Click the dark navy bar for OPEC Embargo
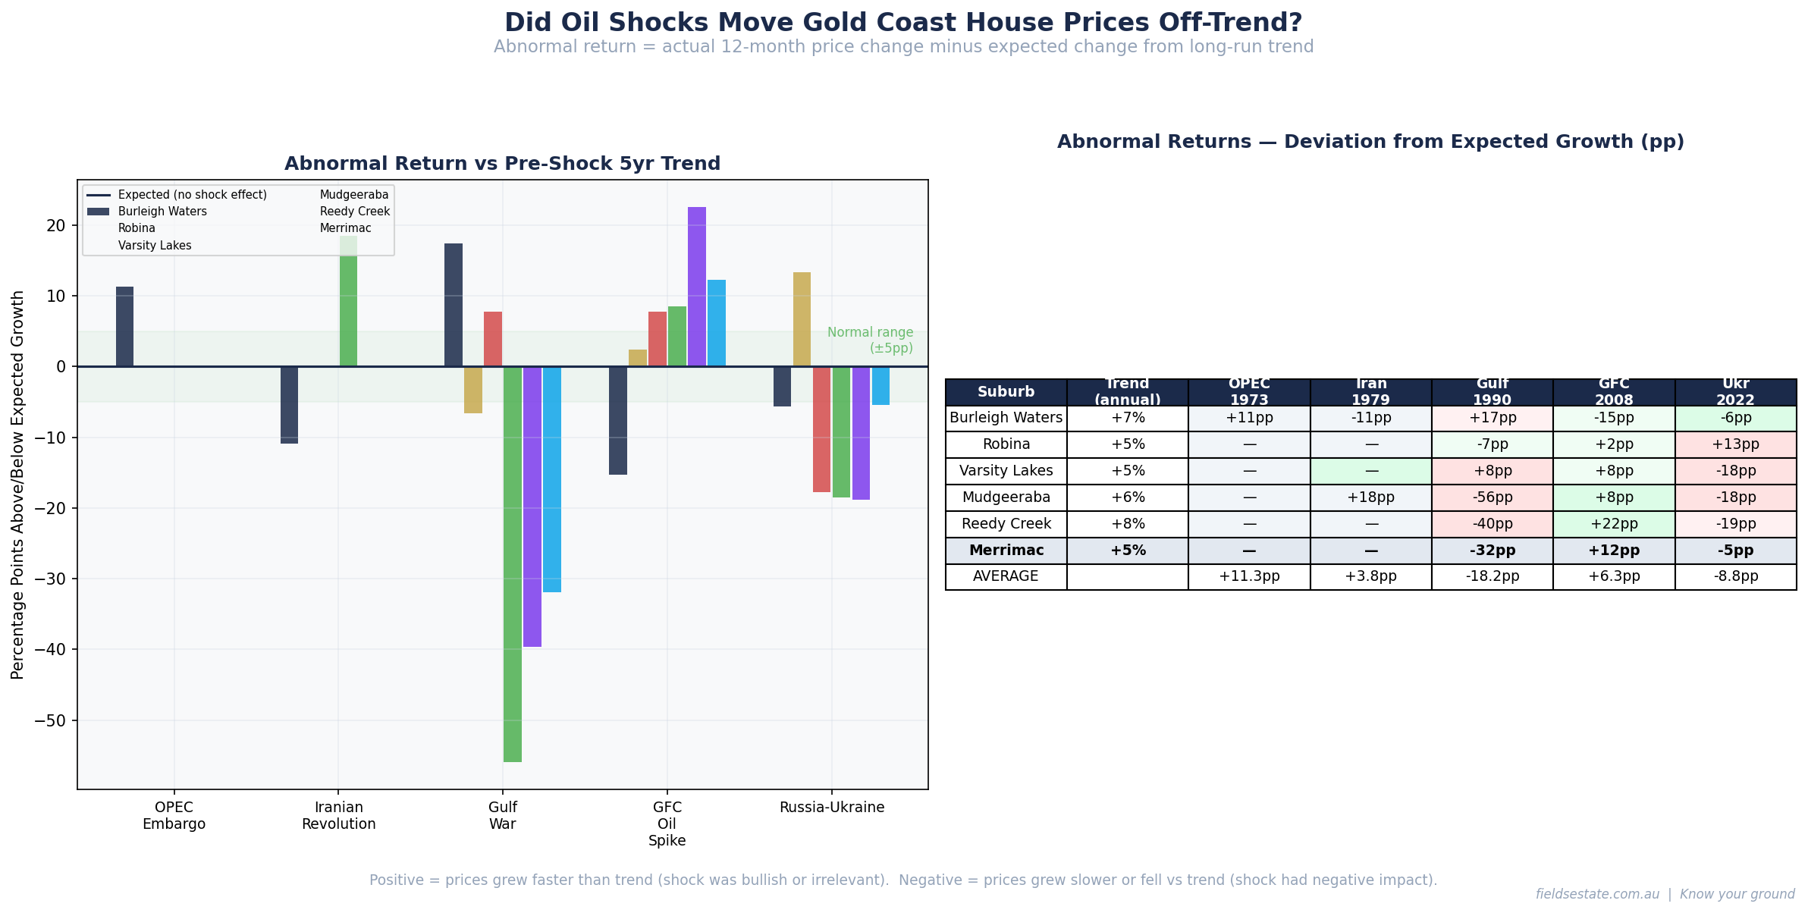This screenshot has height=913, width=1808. (124, 327)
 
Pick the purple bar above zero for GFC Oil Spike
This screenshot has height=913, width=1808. (696, 287)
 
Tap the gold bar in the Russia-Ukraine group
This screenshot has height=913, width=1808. (802, 319)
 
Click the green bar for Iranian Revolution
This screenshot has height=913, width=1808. (348, 302)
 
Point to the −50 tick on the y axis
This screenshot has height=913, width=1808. (53, 720)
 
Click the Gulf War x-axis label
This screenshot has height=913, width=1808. (503, 816)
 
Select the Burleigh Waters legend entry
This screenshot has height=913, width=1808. (162, 212)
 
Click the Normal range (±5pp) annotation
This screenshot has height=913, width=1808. (870, 340)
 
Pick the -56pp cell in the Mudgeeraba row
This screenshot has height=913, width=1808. (1492, 497)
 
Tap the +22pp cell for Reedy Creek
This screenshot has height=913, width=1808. (1614, 524)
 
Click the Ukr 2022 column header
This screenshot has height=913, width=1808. (1735, 392)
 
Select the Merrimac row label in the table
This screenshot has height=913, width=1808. (1006, 551)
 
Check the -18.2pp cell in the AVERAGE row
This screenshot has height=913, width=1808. (1492, 576)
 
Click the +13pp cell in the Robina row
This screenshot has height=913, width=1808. (1735, 444)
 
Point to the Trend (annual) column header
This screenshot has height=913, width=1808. (1127, 392)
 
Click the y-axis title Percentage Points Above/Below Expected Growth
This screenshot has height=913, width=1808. (18, 485)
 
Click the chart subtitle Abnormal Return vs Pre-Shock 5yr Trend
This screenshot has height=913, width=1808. (502, 164)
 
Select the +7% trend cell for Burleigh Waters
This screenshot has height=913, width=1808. (1127, 418)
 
